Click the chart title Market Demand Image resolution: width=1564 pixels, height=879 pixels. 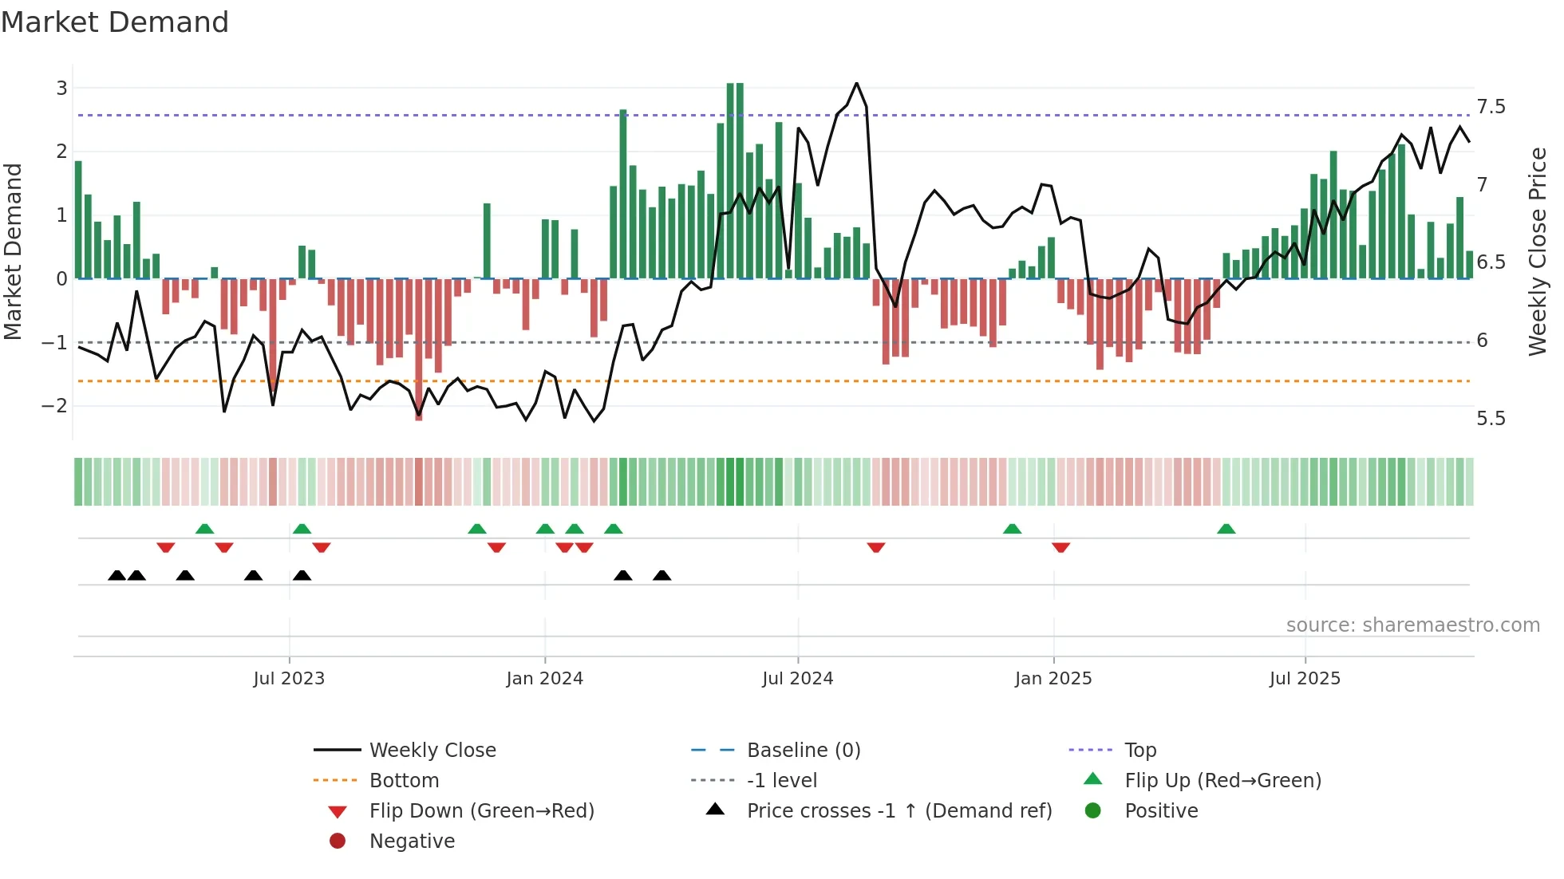pos(115,22)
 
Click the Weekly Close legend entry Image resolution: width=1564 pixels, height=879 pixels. pos(432,750)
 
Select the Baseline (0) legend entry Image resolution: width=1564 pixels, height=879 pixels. pos(803,750)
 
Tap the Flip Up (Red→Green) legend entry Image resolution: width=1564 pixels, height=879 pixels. pos(1222,780)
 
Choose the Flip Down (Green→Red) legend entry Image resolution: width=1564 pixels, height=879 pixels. pos(481,810)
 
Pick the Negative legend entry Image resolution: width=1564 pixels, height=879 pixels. pos(412,841)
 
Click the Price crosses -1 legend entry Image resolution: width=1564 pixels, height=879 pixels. pos(899,810)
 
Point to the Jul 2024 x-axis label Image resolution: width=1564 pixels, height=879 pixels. pos(797,678)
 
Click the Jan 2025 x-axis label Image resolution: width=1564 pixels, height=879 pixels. pos(1053,678)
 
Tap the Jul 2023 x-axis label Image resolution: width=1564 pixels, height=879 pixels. pos(289,678)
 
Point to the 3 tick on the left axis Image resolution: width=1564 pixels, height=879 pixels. pos(61,88)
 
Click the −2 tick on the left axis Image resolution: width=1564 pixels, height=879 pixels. pos(55,405)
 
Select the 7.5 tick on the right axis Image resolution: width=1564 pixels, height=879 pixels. pos(1491,107)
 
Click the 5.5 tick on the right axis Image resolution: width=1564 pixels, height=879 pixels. pos(1491,418)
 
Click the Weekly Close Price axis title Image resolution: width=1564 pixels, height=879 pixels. pos(1538,250)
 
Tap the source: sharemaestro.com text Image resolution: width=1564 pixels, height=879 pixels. pos(1412,625)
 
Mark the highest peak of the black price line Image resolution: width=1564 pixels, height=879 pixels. pos(856,83)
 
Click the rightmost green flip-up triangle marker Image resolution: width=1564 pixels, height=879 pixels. pos(1226,529)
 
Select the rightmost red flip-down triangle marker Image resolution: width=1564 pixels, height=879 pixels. pos(1060,547)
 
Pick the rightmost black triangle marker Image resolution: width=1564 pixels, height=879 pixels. pos(662,575)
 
